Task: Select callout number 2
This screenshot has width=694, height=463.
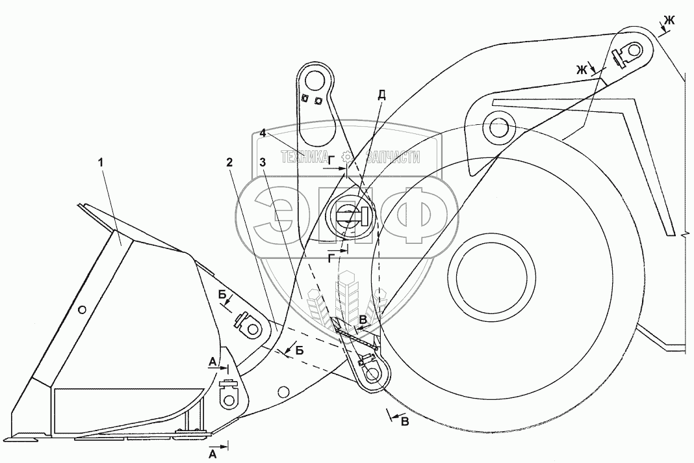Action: click(x=229, y=163)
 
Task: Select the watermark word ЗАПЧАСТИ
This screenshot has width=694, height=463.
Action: click(x=392, y=157)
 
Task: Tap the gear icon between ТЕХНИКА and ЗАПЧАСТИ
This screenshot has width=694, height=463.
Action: click(x=348, y=157)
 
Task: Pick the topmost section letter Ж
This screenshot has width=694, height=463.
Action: click(x=669, y=20)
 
